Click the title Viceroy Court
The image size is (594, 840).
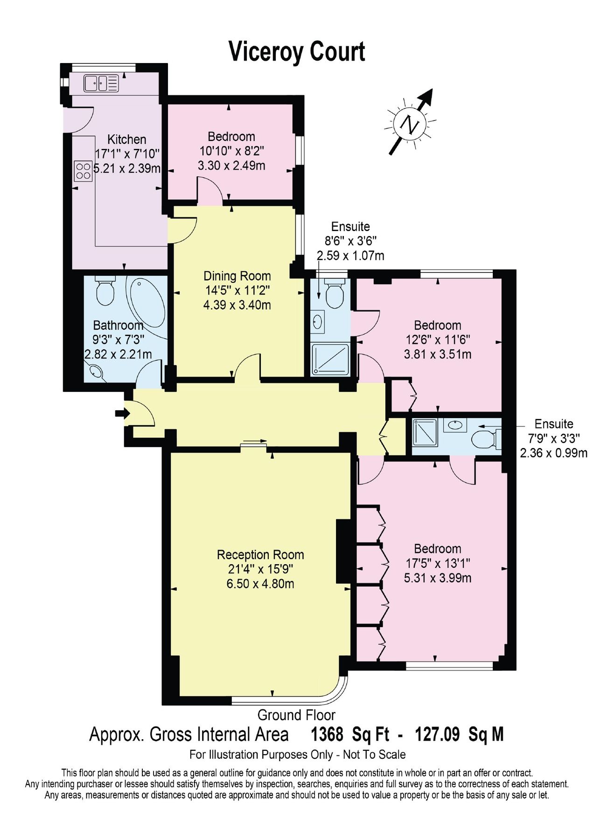(297, 51)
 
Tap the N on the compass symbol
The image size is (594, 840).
(410, 124)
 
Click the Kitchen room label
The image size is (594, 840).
(126, 139)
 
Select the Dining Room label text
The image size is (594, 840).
(237, 275)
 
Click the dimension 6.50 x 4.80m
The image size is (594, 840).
(260, 583)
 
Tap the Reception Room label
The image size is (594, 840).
(260, 554)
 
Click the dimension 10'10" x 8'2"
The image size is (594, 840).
(231, 151)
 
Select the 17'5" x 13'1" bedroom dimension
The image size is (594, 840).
(437, 563)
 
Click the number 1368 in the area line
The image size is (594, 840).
(327, 735)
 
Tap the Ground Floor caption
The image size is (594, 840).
(296, 714)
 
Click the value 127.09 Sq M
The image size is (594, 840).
(459, 735)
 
